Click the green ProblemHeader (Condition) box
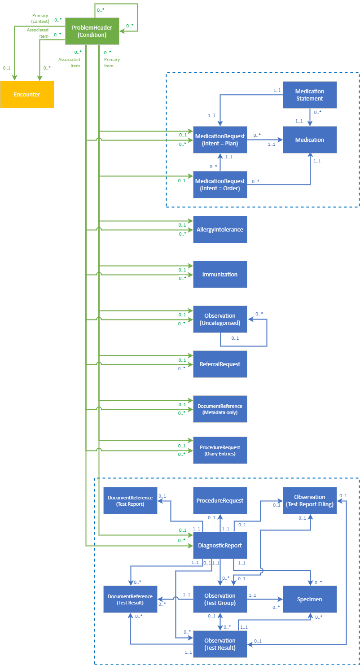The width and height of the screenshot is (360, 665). [x=92, y=31]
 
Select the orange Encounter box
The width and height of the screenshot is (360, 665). [x=27, y=95]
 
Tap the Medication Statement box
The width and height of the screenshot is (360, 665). [x=310, y=95]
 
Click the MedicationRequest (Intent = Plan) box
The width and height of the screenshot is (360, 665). [x=220, y=140]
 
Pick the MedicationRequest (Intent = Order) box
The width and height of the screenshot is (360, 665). [x=220, y=184]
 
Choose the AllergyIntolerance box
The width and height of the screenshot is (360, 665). [x=220, y=229]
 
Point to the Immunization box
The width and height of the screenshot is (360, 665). [x=220, y=274]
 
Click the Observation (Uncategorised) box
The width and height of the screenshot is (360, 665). [x=220, y=319]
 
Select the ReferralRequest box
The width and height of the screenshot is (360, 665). [x=220, y=364]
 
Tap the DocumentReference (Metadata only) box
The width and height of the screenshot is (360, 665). [x=220, y=409]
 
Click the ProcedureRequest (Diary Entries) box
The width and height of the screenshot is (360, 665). [x=220, y=450]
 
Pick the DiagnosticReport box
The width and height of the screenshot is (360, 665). [x=220, y=545]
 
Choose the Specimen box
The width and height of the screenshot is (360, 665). [x=310, y=599]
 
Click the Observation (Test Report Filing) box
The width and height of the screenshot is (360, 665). [x=310, y=500]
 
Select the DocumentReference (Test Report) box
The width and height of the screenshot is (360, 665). [x=130, y=500]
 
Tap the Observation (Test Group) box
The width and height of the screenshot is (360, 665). [x=220, y=599]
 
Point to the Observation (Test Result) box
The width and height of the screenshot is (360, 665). [x=220, y=644]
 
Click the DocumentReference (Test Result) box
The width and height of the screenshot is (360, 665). [x=130, y=599]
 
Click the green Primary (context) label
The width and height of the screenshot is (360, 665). [x=40, y=18]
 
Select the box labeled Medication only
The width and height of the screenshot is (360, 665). [x=310, y=140]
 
